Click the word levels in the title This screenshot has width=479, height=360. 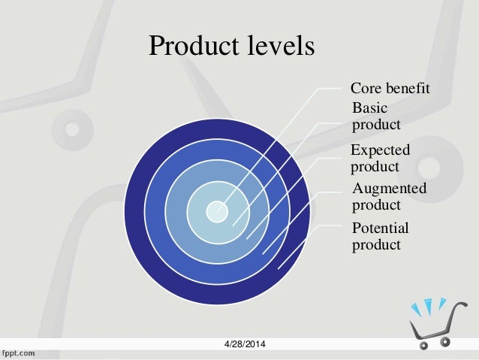click(282, 47)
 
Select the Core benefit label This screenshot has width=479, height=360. click(390, 89)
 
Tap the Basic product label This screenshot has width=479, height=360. click(376, 116)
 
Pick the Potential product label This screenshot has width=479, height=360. click(380, 237)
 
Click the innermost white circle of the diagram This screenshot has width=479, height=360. click(217, 210)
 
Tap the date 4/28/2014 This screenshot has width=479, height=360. click(249, 344)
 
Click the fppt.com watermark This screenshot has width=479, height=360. click(21, 352)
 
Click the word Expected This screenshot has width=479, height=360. click(381, 150)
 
